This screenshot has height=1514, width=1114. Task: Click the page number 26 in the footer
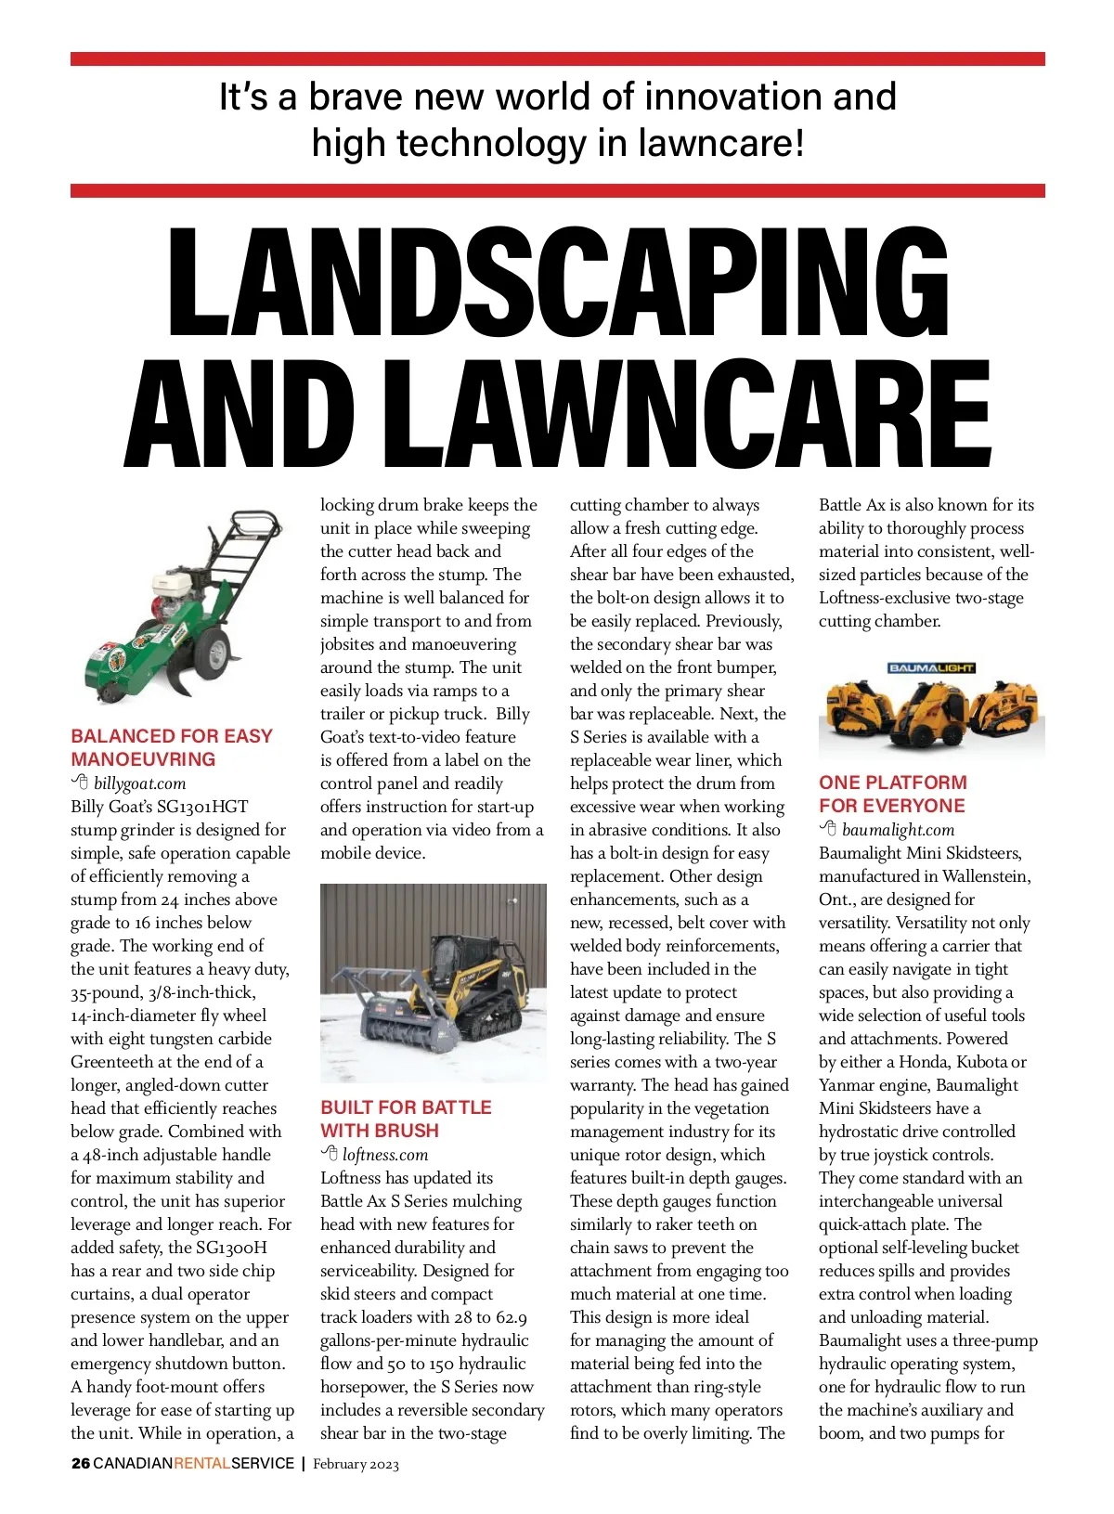pyautogui.click(x=81, y=1464)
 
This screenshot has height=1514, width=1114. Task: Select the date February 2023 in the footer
pyautogui.click(x=356, y=1465)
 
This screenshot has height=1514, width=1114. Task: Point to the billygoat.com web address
pyautogui.click(x=139, y=783)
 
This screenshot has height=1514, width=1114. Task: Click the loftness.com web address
pyautogui.click(x=385, y=1155)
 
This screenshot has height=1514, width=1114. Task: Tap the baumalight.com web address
pyautogui.click(x=898, y=830)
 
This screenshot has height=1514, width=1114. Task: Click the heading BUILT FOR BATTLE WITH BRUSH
pyautogui.click(x=406, y=1119)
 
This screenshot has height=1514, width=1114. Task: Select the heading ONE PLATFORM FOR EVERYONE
pyautogui.click(x=892, y=794)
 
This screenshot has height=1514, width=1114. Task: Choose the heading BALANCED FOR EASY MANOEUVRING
pyautogui.click(x=172, y=747)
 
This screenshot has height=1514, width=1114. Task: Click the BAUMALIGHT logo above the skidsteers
pyautogui.click(x=931, y=668)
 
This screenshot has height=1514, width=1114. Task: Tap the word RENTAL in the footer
pyautogui.click(x=201, y=1464)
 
